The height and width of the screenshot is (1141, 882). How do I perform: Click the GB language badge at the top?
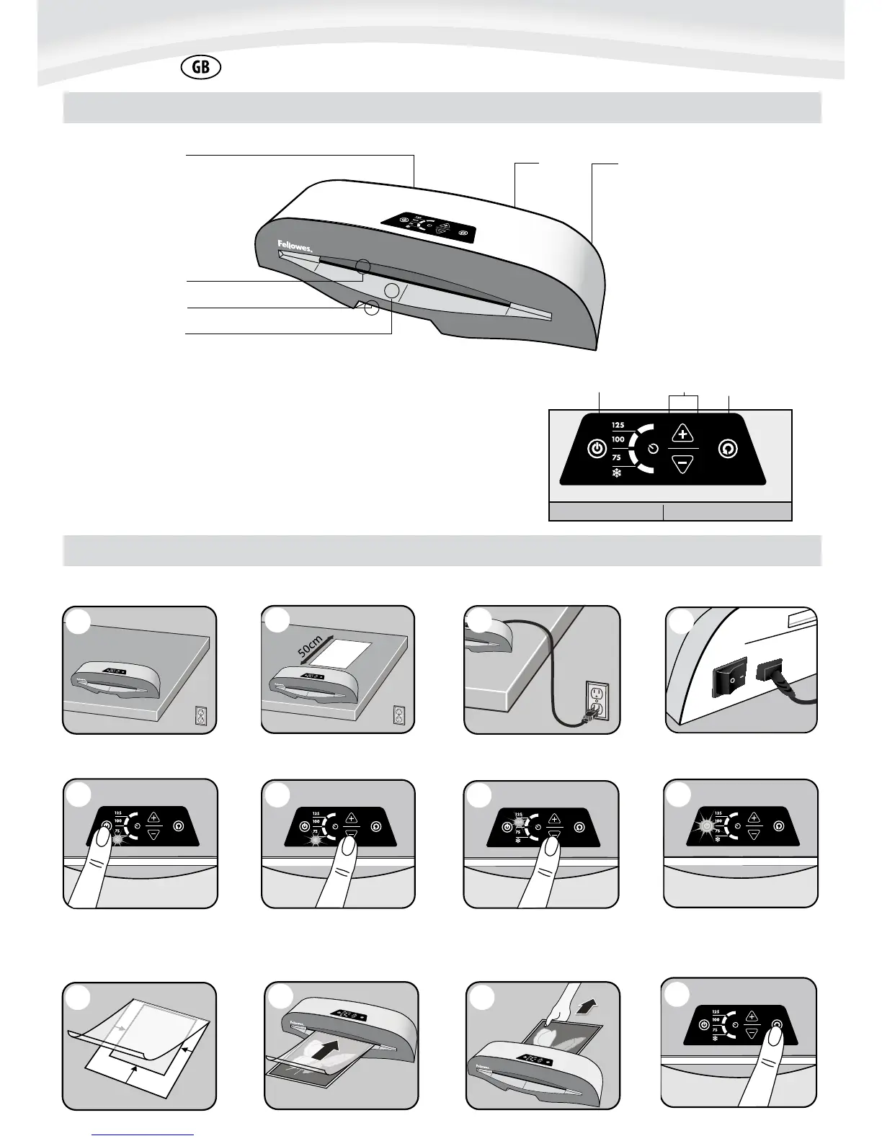click(201, 68)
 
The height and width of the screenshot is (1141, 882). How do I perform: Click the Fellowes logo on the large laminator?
click(295, 246)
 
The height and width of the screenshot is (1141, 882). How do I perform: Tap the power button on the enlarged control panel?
click(596, 449)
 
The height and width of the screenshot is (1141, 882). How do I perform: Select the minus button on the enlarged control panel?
click(682, 463)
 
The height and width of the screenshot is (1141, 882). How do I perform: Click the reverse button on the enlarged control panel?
click(728, 449)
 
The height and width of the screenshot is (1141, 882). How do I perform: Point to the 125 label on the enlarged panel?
click(618, 425)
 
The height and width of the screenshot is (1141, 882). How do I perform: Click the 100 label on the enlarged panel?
click(618, 439)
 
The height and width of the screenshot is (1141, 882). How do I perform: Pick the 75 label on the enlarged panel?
click(617, 457)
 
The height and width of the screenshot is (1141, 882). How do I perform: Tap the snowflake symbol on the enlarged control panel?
click(616, 475)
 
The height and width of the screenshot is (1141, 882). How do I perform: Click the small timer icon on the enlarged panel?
click(652, 449)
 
